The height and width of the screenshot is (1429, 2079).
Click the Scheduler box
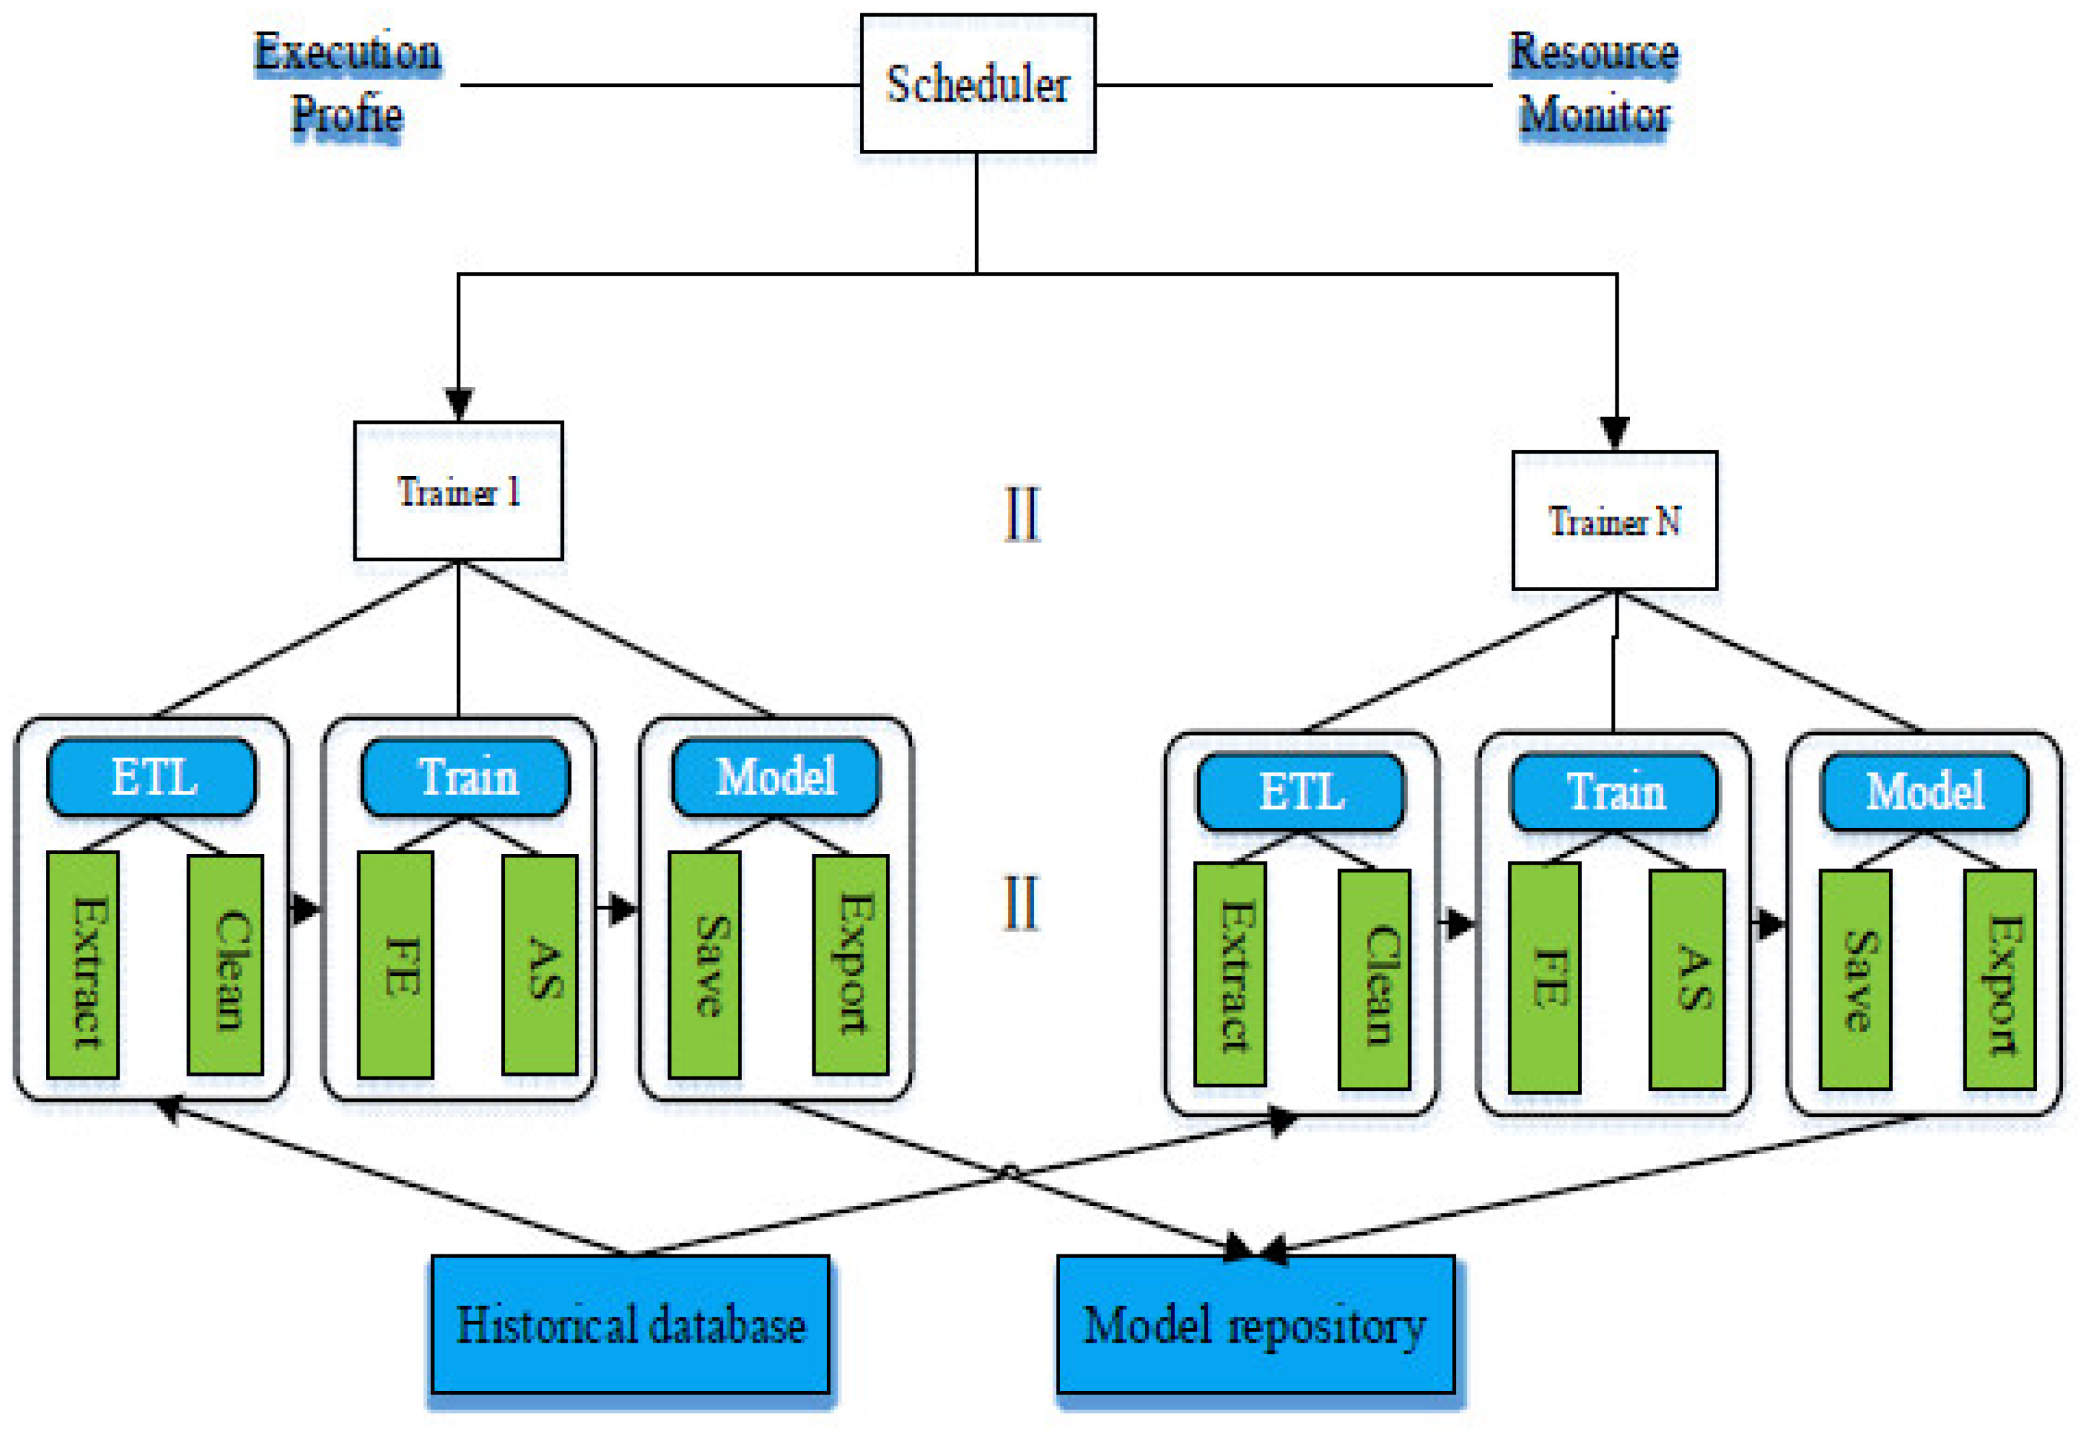(977, 83)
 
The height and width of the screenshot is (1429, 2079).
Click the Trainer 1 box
(458, 491)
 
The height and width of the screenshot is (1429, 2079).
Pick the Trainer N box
(1613, 520)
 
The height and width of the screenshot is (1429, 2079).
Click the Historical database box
(630, 1323)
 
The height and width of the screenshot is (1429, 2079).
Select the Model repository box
(1255, 1323)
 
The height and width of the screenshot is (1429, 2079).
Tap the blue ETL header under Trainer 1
(151, 776)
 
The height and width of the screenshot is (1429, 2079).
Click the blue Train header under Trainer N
(1613, 792)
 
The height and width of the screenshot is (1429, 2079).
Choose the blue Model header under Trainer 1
(774, 776)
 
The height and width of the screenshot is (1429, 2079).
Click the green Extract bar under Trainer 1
(82, 964)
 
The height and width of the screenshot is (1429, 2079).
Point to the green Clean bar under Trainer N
(1374, 979)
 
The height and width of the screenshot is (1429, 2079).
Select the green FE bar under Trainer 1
(395, 964)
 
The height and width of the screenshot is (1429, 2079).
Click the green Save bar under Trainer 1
(704, 964)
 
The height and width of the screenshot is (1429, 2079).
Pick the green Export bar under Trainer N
(1999, 979)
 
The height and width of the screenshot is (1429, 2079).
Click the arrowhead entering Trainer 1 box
(458, 404)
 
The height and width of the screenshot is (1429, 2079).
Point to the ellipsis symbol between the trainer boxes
(1022, 513)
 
